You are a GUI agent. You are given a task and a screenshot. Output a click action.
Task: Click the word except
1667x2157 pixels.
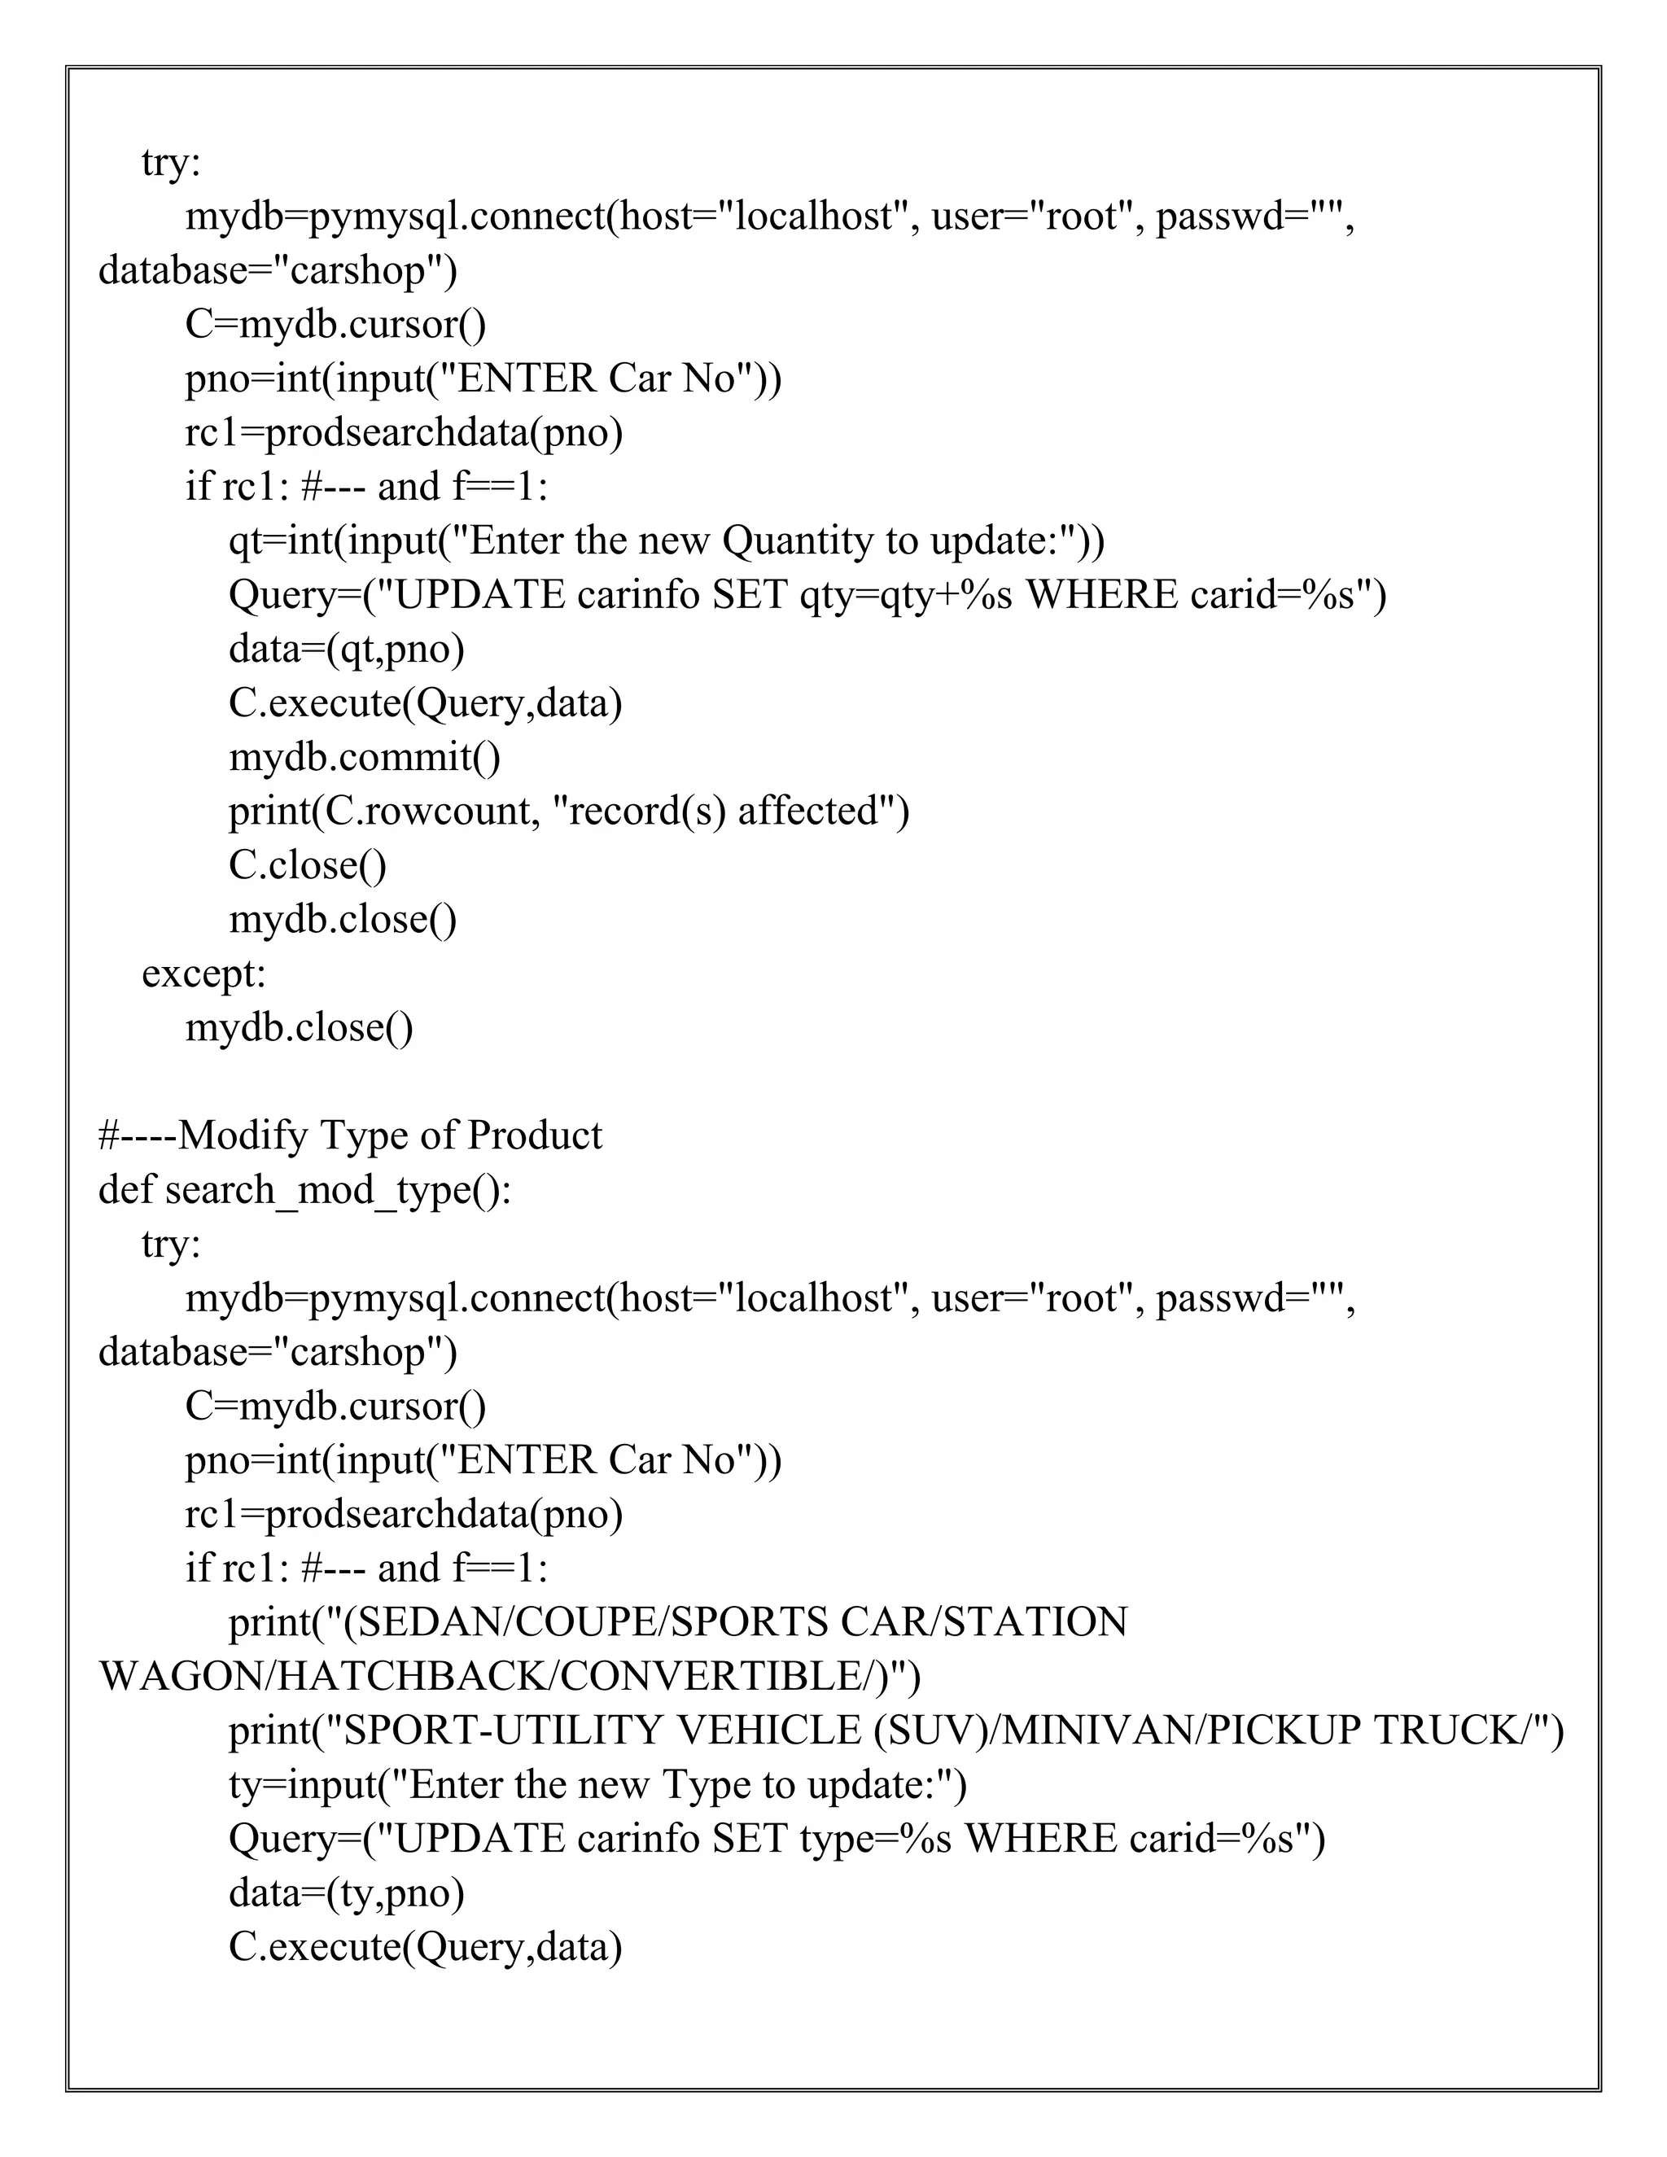203,973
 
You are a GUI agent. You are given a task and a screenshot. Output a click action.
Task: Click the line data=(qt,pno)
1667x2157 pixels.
347,649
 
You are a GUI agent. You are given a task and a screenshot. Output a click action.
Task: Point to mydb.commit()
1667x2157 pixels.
365,758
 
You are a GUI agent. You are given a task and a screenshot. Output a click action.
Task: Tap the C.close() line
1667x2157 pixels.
307,866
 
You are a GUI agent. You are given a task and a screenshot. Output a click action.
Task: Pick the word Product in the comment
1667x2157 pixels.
533,1135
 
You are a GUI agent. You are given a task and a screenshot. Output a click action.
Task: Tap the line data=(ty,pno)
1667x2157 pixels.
347,1893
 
